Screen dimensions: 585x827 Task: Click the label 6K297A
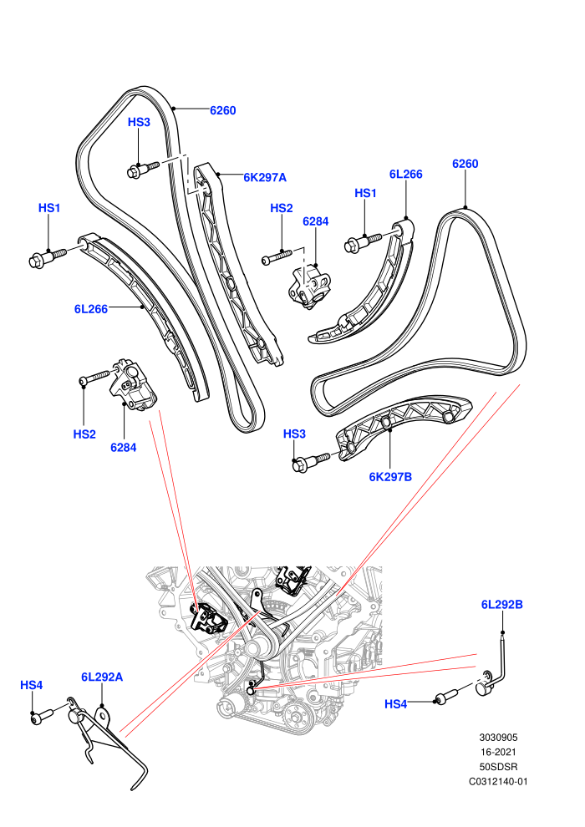tap(265, 177)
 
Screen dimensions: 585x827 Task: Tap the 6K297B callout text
tap(390, 477)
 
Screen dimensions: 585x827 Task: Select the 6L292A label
tap(102, 677)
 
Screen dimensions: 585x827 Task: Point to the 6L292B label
tap(501, 605)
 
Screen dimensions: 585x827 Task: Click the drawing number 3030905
tap(498, 738)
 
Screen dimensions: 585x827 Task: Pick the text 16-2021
tap(498, 752)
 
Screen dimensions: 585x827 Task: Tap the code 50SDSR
tap(498, 767)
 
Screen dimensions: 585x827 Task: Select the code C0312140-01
tap(498, 782)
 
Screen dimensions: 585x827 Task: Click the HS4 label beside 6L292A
tap(31, 685)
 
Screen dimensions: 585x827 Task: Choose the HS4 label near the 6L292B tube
tap(395, 704)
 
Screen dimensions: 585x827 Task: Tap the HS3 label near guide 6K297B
tap(294, 434)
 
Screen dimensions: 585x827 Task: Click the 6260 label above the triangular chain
tap(465, 164)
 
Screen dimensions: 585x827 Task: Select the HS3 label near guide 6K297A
tap(139, 122)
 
